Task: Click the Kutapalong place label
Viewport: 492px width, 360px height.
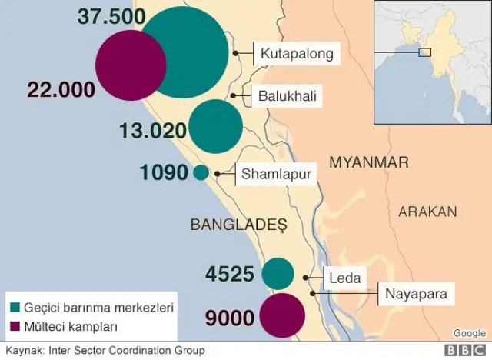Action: click(297, 54)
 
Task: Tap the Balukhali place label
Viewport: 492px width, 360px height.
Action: click(287, 96)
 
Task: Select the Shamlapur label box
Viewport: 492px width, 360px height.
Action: click(276, 175)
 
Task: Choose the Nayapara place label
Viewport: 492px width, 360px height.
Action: click(414, 293)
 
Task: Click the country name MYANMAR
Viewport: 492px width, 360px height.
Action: click(367, 162)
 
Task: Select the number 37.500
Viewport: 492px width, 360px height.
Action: click(108, 18)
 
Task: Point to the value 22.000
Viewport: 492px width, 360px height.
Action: click(61, 89)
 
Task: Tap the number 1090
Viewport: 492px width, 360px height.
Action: click(164, 173)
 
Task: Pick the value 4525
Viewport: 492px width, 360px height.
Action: click(231, 273)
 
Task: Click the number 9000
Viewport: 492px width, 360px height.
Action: click(230, 316)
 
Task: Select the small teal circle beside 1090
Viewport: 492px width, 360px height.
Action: click(201, 173)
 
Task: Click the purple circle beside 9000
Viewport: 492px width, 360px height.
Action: click(281, 316)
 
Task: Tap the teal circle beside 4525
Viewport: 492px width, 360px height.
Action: click(278, 274)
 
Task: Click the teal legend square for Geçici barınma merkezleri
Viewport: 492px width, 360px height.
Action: click(14, 306)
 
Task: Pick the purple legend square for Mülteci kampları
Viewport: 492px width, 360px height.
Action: click(14, 326)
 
